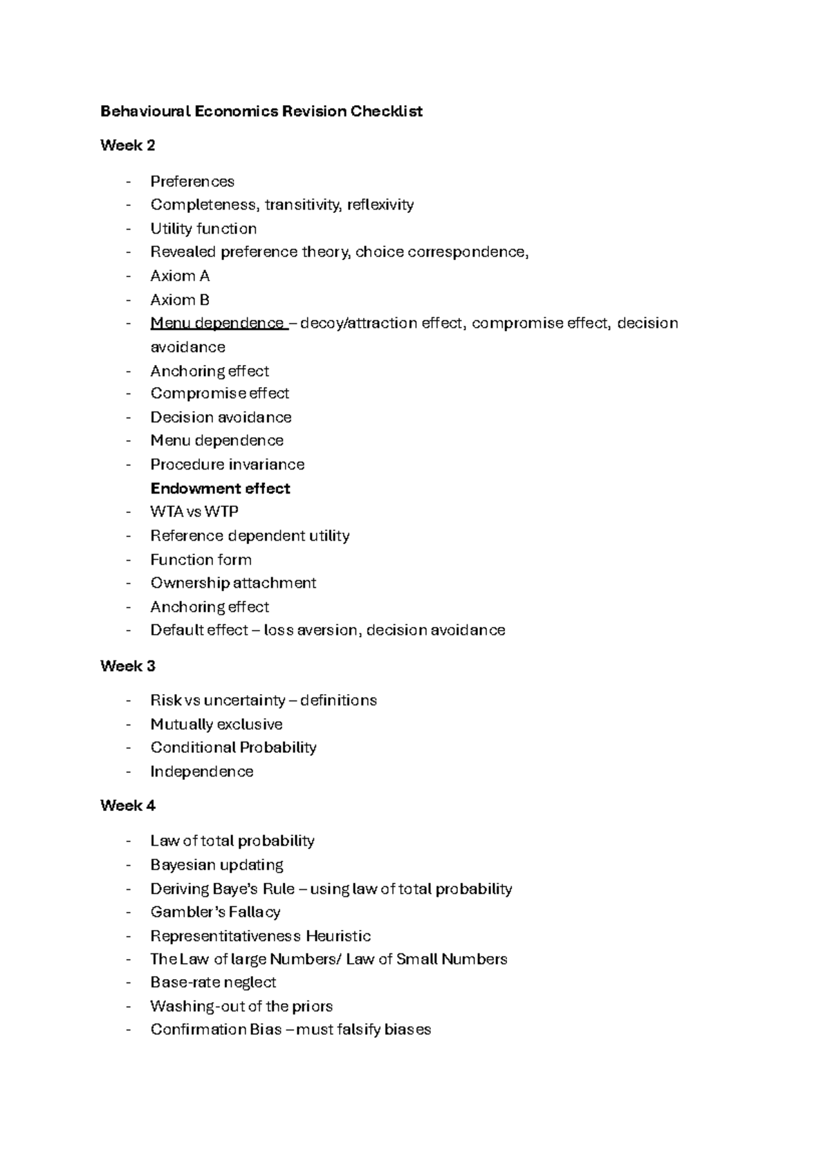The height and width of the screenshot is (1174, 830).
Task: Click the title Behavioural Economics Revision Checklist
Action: pyautogui.click(x=261, y=111)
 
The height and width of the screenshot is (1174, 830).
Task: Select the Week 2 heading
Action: pyautogui.click(x=128, y=145)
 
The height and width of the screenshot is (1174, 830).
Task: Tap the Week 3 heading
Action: pyautogui.click(x=128, y=666)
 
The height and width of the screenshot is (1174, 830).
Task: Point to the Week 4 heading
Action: pyautogui.click(x=128, y=805)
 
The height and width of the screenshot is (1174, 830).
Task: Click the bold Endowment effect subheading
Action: pyautogui.click(x=220, y=488)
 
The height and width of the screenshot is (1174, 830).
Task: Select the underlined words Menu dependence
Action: pyautogui.click(x=217, y=323)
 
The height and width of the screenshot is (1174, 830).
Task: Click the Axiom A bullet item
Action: pyautogui.click(x=180, y=276)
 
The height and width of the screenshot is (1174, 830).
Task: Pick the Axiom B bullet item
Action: pyautogui.click(x=180, y=300)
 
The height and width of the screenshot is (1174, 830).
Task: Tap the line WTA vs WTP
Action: pyautogui.click(x=194, y=512)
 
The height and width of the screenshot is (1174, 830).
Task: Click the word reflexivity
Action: pyautogui.click(x=380, y=205)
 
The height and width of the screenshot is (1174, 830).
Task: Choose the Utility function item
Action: pyautogui.click(x=203, y=229)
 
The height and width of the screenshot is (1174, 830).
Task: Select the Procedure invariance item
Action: pyautogui.click(x=228, y=464)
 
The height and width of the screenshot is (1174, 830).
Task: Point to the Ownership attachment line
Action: pyautogui.click(x=233, y=583)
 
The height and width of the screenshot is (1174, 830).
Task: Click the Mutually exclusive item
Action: pyautogui.click(x=216, y=724)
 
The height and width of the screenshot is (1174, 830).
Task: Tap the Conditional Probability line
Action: pyautogui.click(x=233, y=747)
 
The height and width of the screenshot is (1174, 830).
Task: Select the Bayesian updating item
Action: pyautogui.click(x=216, y=865)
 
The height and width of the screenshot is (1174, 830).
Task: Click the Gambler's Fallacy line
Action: pyautogui.click(x=215, y=912)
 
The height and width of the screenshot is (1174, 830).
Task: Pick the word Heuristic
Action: pyautogui.click(x=338, y=936)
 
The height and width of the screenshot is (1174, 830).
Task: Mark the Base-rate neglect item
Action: pyautogui.click(x=213, y=982)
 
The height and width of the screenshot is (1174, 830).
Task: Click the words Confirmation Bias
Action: pyautogui.click(x=216, y=1029)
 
